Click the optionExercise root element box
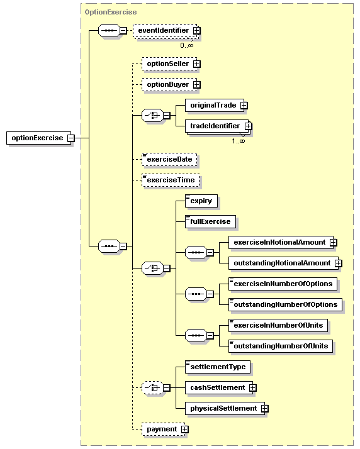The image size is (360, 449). pos(39,138)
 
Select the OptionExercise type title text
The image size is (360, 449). pos(111,12)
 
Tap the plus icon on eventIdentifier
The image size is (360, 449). pos(196,30)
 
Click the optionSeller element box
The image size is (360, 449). pos(169,64)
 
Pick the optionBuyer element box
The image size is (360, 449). pos(169,84)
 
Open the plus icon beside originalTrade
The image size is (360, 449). pos(244,106)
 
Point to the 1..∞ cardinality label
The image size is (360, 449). pos(239,141)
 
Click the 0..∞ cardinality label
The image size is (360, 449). pos(187,45)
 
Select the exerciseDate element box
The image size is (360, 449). pos(169,160)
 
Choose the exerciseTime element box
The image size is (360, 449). pos(171,180)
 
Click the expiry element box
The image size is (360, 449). pos(201,201)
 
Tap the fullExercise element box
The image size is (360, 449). pos(210,221)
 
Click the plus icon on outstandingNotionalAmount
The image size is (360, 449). pos(339,263)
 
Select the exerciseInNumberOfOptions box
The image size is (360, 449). pos(283,284)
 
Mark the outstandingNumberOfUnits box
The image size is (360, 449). pos(281,346)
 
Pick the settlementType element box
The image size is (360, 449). pos(218,367)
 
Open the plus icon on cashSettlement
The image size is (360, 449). pos(252,388)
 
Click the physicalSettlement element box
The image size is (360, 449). pos(225,408)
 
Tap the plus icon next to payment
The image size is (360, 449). pos(185,430)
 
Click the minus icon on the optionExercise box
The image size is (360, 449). pos(70,138)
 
